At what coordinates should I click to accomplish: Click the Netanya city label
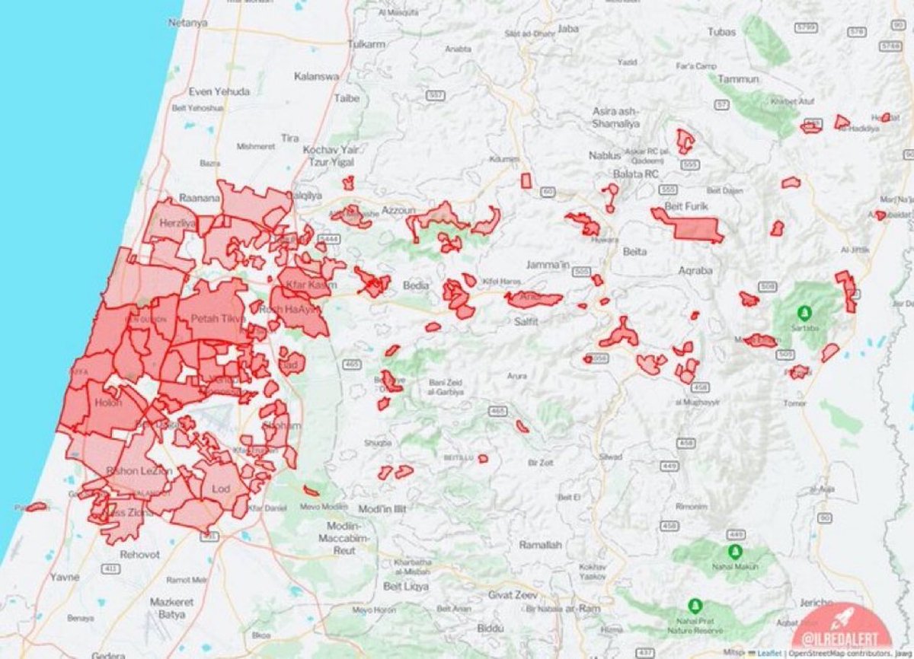pyautogui.click(x=187, y=23)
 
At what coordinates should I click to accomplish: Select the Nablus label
pyautogui.click(x=606, y=155)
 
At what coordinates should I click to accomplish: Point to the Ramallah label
pyautogui.click(x=540, y=545)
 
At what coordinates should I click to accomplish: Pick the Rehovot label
pyautogui.click(x=140, y=555)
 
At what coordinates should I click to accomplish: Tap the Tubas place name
pyautogui.click(x=722, y=32)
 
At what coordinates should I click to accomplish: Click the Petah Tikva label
pyautogui.click(x=216, y=318)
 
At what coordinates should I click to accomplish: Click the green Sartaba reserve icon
pyautogui.click(x=803, y=313)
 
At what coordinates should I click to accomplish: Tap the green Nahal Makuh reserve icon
pyautogui.click(x=734, y=552)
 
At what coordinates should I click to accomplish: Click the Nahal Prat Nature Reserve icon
pyautogui.click(x=695, y=606)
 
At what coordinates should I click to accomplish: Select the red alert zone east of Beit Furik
pyautogui.click(x=689, y=227)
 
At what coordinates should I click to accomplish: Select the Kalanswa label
pyautogui.click(x=317, y=77)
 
